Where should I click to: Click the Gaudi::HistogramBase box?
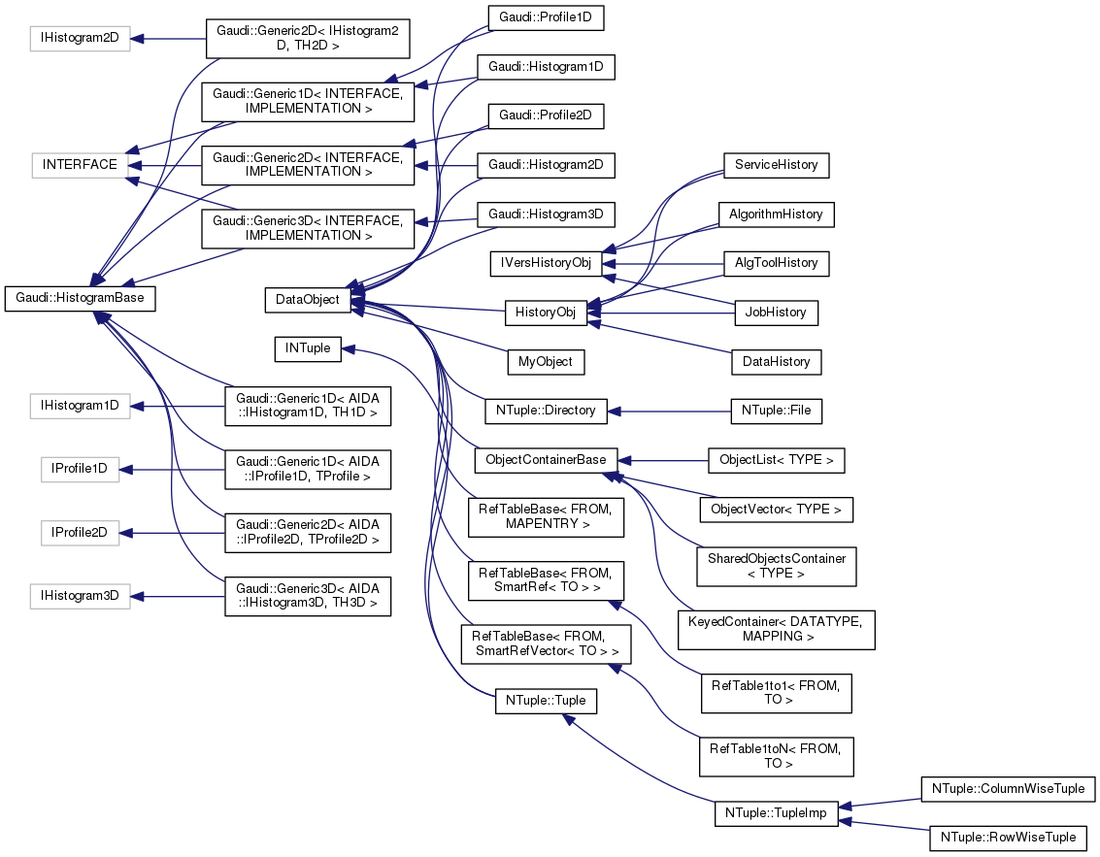click(x=81, y=300)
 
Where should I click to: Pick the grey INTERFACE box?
click(x=80, y=165)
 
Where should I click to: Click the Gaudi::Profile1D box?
click(x=545, y=18)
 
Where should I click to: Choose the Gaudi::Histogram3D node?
click(x=545, y=214)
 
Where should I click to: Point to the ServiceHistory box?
click(x=776, y=165)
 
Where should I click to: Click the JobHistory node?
click(x=776, y=313)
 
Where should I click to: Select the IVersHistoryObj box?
click(x=547, y=263)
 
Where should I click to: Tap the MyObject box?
click(x=547, y=362)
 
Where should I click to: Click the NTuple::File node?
click(x=776, y=411)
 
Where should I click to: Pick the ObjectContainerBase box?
click(x=546, y=460)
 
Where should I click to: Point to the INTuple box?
click(x=308, y=348)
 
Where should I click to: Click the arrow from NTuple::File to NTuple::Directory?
click(x=670, y=411)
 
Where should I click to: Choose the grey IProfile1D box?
click(x=80, y=471)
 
